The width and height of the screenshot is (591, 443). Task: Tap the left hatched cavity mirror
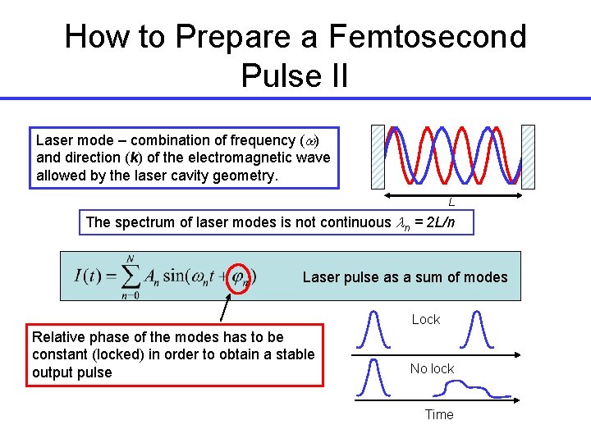point(378,156)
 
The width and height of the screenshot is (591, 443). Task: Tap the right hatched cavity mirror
point(528,156)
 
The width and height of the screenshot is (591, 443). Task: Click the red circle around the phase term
point(240,276)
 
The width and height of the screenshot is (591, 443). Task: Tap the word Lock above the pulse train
point(426,319)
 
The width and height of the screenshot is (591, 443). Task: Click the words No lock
point(432,369)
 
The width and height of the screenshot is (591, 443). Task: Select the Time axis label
point(439,414)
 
